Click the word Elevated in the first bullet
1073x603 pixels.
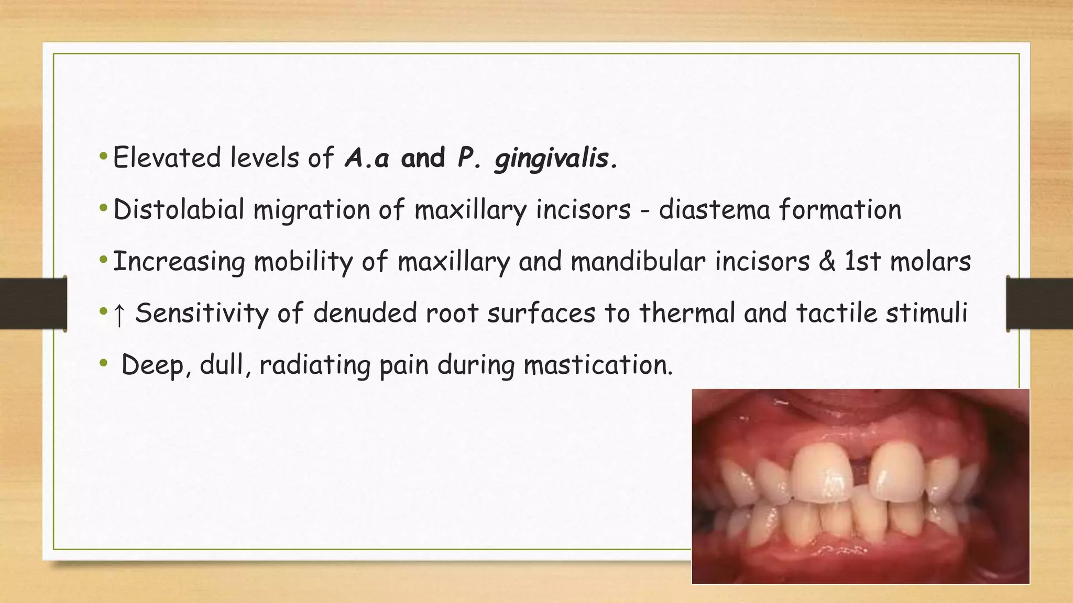coord(167,158)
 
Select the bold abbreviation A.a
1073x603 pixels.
coord(367,158)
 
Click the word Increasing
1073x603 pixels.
coord(179,261)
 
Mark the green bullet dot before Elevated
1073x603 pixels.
coord(103,156)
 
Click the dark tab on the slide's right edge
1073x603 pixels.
coord(1039,304)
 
